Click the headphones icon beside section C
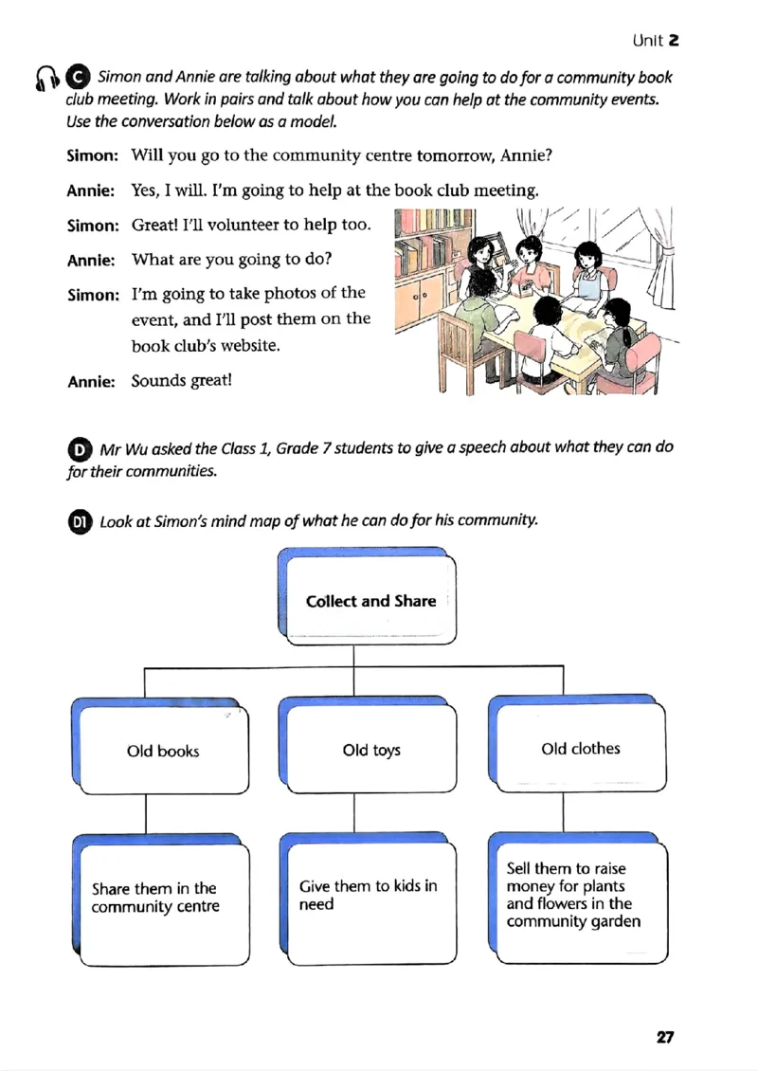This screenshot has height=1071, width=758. tap(45, 79)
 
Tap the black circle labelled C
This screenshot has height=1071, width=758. tap(80, 77)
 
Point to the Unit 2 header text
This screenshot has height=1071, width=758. tap(656, 40)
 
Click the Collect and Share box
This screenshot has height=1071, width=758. tap(370, 601)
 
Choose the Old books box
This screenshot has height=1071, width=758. tap(163, 751)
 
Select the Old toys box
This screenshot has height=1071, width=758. tap(371, 751)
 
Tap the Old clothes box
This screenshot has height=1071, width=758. tap(581, 749)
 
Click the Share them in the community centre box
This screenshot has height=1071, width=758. tap(163, 898)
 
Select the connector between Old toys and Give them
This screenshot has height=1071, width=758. tap(354, 813)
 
